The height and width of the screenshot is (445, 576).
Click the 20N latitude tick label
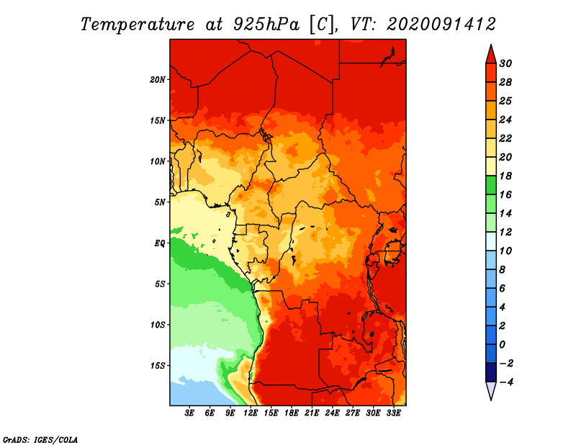[x=157, y=79]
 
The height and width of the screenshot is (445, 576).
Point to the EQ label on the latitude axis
[x=159, y=243]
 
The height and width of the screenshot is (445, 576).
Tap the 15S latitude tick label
[x=158, y=366]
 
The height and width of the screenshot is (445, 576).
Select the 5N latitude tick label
[x=160, y=202]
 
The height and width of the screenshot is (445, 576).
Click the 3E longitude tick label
[x=189, y=413]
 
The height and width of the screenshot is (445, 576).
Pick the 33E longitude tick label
[x=393, y=413]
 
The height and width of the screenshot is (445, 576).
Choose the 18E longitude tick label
[x=292, y=413]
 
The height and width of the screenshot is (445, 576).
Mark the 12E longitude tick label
[x=251, y=413]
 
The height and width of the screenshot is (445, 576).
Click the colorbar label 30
[x=505, y=63]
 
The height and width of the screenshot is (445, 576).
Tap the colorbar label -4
[x=505, y=382]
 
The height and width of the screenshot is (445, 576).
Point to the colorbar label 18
[x=505, y=176]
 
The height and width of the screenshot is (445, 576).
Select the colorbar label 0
[x=502, y=345]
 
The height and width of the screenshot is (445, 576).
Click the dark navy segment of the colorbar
[x=491, y=372]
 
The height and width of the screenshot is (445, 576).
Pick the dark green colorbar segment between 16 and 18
[x=491, y=185]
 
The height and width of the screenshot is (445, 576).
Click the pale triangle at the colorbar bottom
[x=491, y=390]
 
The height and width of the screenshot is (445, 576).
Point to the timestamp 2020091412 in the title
[x=441, y=24]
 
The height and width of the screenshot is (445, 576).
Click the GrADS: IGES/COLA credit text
[x=40, y=439]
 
